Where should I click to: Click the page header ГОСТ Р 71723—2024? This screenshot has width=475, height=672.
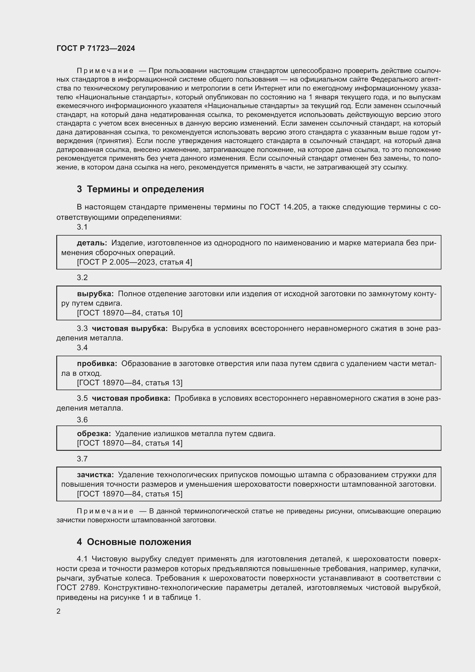point(96,48)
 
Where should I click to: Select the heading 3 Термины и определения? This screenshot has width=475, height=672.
point(140,189)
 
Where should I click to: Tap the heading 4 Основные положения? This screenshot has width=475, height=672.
point(134,542)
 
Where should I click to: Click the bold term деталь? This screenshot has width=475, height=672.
point(92,243)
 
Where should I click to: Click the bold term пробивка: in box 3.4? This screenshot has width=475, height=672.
point(97,363)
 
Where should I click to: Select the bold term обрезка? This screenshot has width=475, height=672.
point(94,434)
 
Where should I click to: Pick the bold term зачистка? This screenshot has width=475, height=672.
point(95,474)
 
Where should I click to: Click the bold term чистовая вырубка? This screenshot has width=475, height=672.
point(130,328)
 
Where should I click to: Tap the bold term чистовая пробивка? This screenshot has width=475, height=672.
point(131,398)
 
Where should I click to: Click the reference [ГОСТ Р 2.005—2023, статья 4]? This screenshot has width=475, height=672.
point(134,262)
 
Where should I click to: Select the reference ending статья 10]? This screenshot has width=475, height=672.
point(130,313)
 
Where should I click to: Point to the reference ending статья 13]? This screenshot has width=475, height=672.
point(130,383)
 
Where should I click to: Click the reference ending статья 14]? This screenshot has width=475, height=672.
point(130,443)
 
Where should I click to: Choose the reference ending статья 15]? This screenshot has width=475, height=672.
point(130,494)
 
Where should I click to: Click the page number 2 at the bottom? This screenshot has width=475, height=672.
point(59,611)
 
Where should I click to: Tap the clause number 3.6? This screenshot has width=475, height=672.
point(82,420)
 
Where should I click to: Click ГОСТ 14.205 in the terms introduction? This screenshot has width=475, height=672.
point(283,207)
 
